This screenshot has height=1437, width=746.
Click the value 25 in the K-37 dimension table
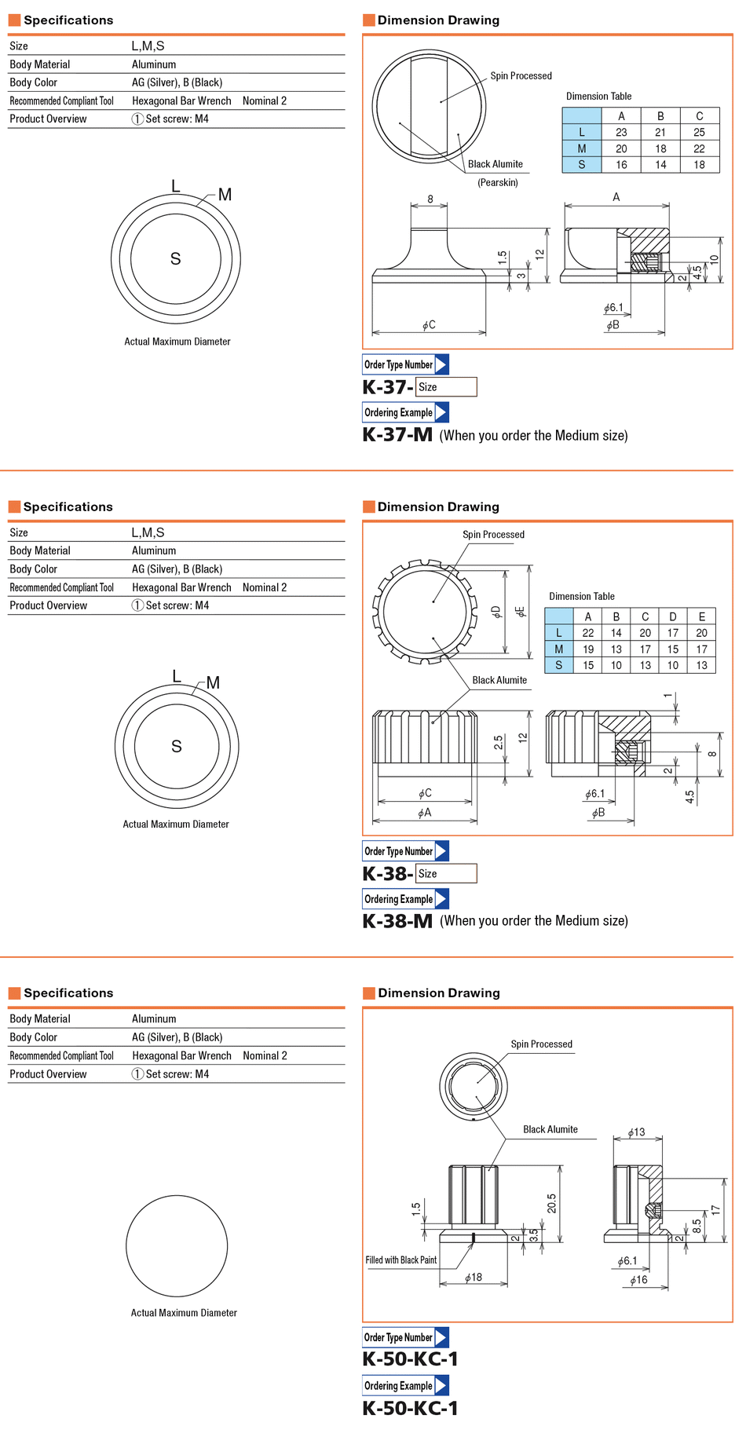pyautogui.click(x=699, y=133)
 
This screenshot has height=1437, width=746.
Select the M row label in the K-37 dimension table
pyautogui.click(x=582, y=149)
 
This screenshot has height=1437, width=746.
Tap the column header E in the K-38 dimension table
pyautogui.click(x=701, y=617)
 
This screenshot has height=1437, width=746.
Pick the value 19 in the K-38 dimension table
pyautogui.click(x=588, y=649)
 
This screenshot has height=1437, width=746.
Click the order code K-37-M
pyautogui.click(x=397, y=435)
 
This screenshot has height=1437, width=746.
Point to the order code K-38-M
pyautogui.click(x=397, y=921)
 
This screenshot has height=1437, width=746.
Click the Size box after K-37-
pyautogui.click(x=446, y=387)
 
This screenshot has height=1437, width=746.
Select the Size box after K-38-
pyautogui.click(x=446, y=873)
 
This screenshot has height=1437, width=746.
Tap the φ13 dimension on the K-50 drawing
pyautogui.click(x=636, y=1132)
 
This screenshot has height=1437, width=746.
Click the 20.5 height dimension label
pyautogui.click(x=552, y=1203)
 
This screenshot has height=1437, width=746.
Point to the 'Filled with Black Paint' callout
pyautogui.click(x=400, y=1260)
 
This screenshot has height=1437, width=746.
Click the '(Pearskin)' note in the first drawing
pyautogui.click(x=498, y=183)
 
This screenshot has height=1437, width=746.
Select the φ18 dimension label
pyautogui.click(x=473, y=1278)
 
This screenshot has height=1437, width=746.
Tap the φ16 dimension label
pyautogui.click(x=638, y=1280)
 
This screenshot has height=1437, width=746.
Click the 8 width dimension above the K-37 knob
pyautogui.click(x=430, y=199)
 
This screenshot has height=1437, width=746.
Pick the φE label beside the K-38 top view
pyautogui.click(x=520, y=611)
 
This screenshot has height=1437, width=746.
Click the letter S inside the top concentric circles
pyautogui.click(x=175, y=259)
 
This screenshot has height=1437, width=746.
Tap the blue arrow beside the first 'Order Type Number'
pyautogui.click(x=441, y=364)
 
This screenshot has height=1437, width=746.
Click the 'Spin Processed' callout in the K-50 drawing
pyautogui.click(x=541, y=1044)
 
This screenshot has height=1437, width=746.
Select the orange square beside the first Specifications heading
pyautogui.click(x=14, y=20)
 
